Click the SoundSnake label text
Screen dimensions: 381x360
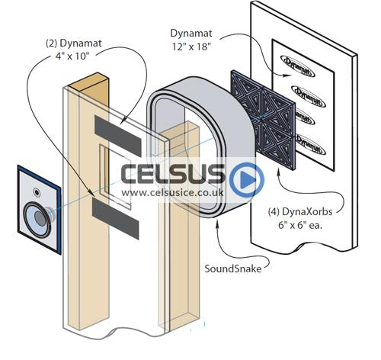point(233,268)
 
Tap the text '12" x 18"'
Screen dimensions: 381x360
point(192,47)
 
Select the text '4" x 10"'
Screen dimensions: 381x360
point(72,56)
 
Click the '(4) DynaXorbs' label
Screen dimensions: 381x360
point(300,211)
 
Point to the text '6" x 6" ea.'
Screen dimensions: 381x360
point(300,226)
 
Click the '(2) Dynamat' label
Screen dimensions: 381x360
point(74,43)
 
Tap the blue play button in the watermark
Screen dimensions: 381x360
point(247,180)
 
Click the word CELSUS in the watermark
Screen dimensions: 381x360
point(173,174)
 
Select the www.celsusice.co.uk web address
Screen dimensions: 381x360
point(172,192)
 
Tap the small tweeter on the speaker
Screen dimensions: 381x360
point(37,192)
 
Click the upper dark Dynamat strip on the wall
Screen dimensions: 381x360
point(118,136)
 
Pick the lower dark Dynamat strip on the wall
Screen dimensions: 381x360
point(116,219)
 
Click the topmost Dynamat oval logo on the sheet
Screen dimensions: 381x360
point(298,66)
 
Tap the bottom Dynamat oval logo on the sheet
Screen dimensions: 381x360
point(310,144)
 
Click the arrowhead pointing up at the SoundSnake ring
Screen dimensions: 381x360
point(217,223)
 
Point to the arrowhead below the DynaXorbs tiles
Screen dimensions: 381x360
point(279,174)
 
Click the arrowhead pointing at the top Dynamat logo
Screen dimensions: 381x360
point(288,76)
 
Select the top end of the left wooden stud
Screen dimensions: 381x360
point(88,81)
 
